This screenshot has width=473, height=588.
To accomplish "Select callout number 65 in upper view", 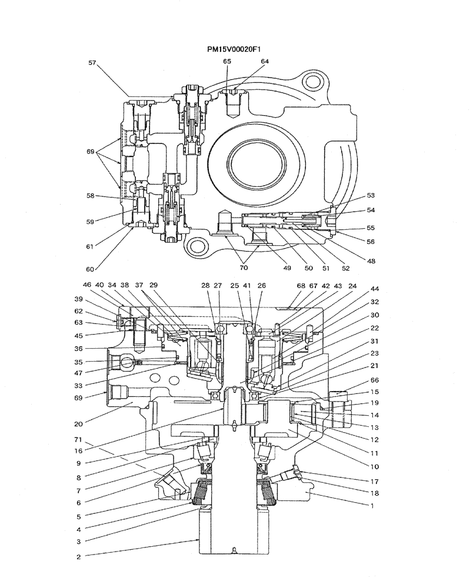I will point(227,61).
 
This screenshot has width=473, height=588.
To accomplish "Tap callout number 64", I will point(265,61).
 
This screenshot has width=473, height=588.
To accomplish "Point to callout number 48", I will point(371,261).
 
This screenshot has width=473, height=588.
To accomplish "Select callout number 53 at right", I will point(371,195).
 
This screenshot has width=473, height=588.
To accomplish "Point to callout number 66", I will point(374,380).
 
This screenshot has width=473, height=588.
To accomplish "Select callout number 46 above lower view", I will point(87,285).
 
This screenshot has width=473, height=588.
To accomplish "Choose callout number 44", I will point(374,290).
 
